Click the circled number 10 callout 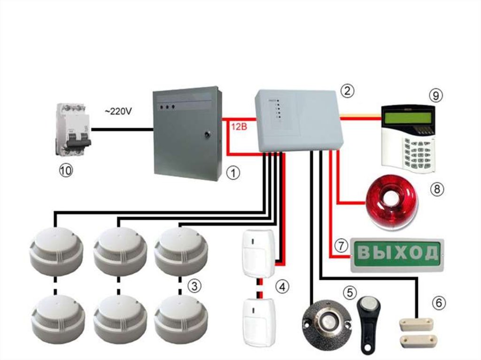66,170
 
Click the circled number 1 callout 233,173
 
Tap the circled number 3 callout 194,285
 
